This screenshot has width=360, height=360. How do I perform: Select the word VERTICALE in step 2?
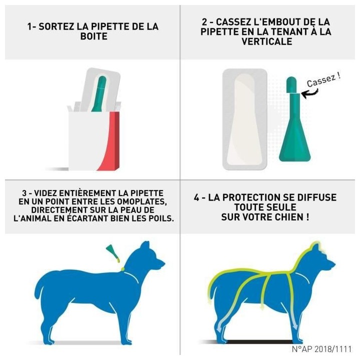point(267,41)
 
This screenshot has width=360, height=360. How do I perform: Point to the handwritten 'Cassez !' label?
point(323,79)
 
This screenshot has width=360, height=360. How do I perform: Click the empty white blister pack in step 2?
point(244,119)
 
